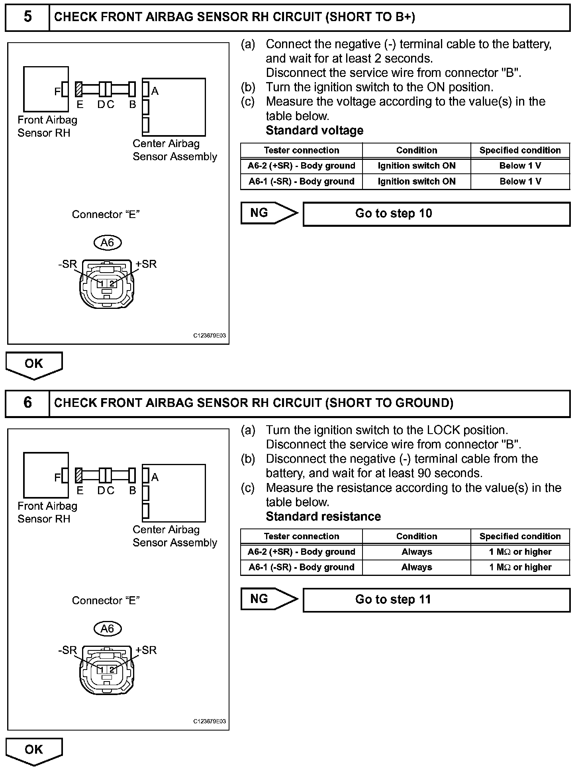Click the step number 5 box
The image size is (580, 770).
pos(27,17)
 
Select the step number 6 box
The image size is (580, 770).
pos(27,403)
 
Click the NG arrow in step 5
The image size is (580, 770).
pos(268,213)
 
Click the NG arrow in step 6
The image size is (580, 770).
pos(268,599)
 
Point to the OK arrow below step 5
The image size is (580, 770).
pos(34,365)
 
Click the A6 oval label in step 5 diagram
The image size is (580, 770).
pos(107,242)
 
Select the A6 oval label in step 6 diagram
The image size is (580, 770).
pos(107,629)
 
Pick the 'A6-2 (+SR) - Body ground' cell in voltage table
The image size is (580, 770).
pos(302,166)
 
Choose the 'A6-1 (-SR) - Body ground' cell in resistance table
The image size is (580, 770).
pos(302,567)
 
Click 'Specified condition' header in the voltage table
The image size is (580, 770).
pos(520,150)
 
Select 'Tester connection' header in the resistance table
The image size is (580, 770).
pos(302,536)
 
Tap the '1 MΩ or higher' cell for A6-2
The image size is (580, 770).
pos(520,552)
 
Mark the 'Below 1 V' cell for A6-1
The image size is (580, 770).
pos(520,181)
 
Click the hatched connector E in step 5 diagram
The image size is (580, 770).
pos(79,89)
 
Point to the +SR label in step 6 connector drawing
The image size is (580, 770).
pos(146,650)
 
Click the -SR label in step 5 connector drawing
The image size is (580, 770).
pos(67,264)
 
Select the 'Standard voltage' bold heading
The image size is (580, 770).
pos(314,130)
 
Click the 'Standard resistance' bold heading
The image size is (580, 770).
pos(323,517)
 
